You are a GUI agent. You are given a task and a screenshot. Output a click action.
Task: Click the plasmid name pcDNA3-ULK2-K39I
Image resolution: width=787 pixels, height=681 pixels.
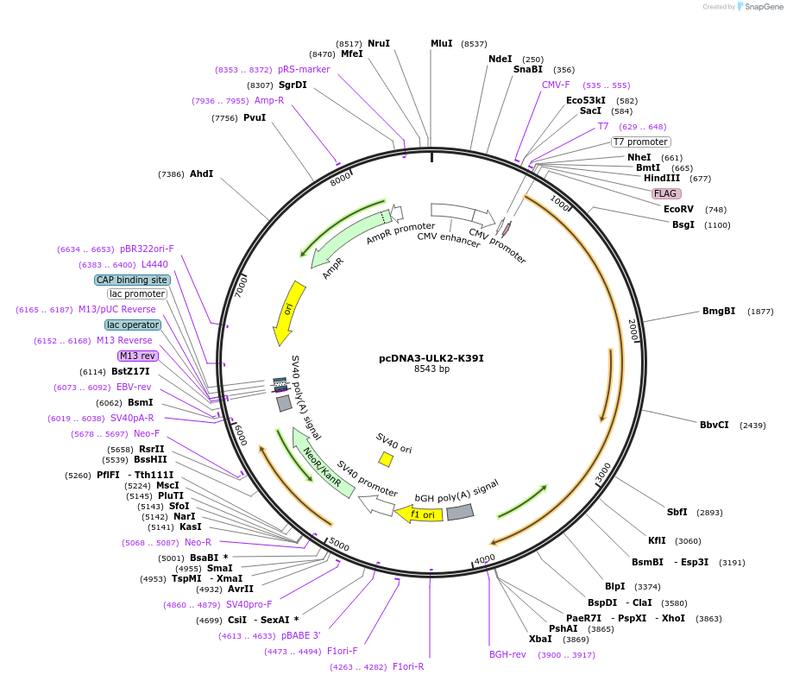[x=431, y=358]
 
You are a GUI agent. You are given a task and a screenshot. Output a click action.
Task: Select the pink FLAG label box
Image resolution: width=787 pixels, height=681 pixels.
[x=665, y=193]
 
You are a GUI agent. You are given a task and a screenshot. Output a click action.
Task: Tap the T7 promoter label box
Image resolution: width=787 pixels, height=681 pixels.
[x=641, y=142]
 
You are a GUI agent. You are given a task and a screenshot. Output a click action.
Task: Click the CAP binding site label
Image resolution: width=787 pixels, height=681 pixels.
[x=132, y=280]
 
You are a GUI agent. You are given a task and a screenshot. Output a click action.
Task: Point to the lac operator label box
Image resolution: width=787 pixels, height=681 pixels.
[x=133, y=325]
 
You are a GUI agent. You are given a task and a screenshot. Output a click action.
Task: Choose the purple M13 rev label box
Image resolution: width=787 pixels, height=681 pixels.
[x=138, y=356]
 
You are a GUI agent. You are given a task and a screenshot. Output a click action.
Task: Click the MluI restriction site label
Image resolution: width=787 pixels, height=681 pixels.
[x=441, y=43]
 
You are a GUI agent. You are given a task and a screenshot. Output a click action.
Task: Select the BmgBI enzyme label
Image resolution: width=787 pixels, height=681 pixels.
[x=718, y=311]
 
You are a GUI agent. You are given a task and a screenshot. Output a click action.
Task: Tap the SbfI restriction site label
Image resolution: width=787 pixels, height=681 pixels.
[x=677, y=512]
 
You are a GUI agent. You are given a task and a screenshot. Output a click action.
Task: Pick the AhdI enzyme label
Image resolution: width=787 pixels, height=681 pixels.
[x=201, y=173]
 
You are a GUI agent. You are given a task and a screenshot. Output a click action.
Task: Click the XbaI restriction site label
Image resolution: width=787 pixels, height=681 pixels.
[x=540, y=639]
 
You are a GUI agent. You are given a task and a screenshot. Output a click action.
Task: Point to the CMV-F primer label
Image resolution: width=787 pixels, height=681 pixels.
[x=556, y=85]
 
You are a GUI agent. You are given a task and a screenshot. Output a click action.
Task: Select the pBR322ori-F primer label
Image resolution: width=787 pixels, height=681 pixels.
[x=147, y=249]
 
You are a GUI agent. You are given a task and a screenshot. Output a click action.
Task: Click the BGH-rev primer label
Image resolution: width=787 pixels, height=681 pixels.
[x=507, y=654]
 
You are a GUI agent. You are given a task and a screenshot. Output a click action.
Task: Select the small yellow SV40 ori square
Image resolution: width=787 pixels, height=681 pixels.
[x=386, y=460]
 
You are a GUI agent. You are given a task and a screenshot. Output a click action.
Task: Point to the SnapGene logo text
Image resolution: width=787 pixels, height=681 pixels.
[x=764, y=6]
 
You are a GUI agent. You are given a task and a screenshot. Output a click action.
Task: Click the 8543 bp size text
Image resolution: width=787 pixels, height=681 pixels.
[x=431, y=369]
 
